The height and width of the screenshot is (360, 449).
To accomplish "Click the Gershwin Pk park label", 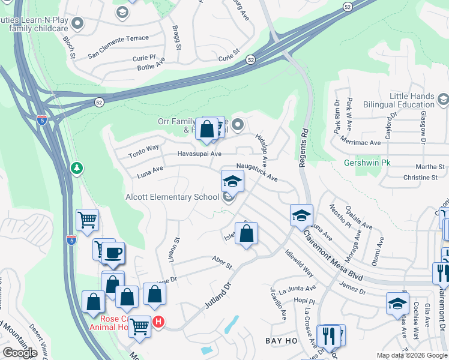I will click(x=367, y=163).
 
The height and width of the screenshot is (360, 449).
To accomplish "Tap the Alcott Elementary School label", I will click(x=172, y=197).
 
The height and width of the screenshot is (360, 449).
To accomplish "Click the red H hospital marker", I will click(x=158, y=322).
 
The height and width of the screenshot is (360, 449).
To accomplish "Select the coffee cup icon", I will click(x=113, y=253).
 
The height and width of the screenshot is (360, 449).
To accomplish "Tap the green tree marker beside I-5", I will click(x=76, y=168).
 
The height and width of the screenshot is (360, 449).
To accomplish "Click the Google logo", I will click(x=20, y=353).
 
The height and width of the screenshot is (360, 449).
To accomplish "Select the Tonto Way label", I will click(x=143, y=151).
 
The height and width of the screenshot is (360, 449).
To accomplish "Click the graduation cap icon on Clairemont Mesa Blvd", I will click(x=301, y=216).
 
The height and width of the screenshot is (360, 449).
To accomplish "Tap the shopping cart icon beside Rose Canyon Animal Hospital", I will click(x=140, y=326).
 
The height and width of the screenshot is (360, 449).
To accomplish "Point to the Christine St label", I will click(x=420, y=178).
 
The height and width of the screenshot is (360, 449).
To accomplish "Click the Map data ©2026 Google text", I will click(x=412, y=355).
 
